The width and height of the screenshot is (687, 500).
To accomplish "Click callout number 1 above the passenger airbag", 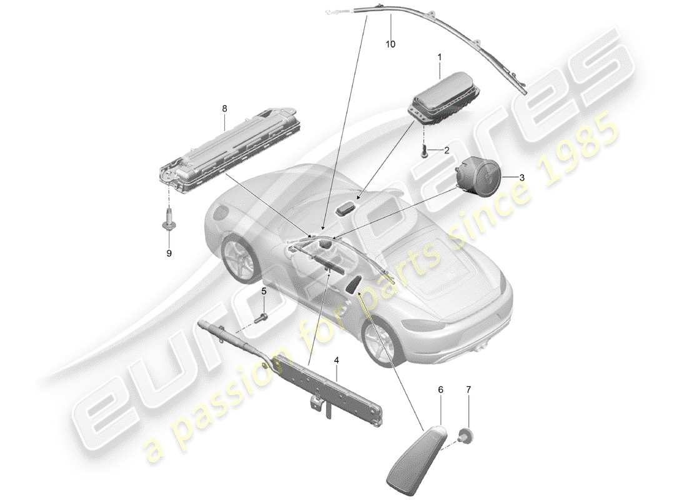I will (439, 57).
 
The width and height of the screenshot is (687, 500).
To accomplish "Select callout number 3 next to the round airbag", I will (522, 177).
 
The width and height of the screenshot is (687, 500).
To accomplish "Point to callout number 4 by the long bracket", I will (336, 360).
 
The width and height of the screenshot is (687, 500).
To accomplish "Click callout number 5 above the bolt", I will (264, 291).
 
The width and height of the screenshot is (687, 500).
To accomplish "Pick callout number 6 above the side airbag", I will (441, 389).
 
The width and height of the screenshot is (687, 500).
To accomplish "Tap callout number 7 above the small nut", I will (469, 389).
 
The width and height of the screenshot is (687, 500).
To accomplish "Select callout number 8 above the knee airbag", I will (224, 108).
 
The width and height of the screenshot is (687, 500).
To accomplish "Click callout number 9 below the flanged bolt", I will (169, 253).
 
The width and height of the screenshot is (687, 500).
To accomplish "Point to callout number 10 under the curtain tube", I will (391, 44).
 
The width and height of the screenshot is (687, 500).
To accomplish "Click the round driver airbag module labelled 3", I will (478, 173).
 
